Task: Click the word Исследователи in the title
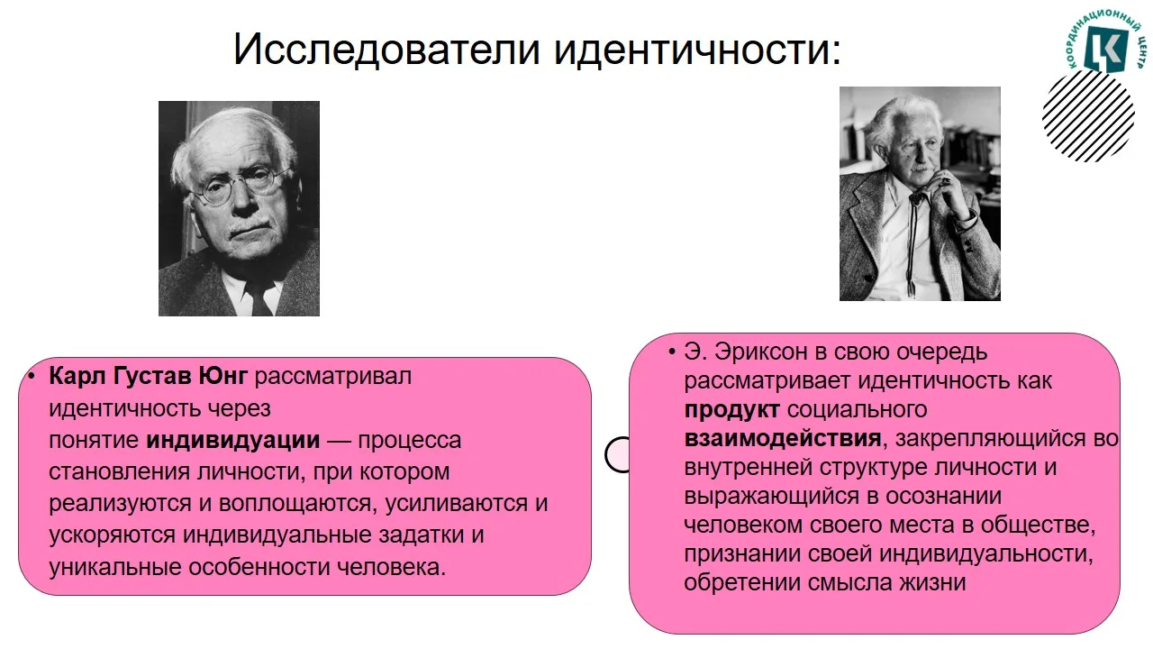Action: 386,50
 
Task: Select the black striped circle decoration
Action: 1089,115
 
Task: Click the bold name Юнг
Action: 222,376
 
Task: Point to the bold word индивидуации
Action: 233,441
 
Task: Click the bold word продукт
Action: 731,410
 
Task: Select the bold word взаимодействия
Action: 783,439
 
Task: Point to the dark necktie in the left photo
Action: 260,297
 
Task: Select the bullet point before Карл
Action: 32,377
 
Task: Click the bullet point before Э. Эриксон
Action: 671,352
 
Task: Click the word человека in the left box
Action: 391,568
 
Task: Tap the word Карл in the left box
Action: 77,377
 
